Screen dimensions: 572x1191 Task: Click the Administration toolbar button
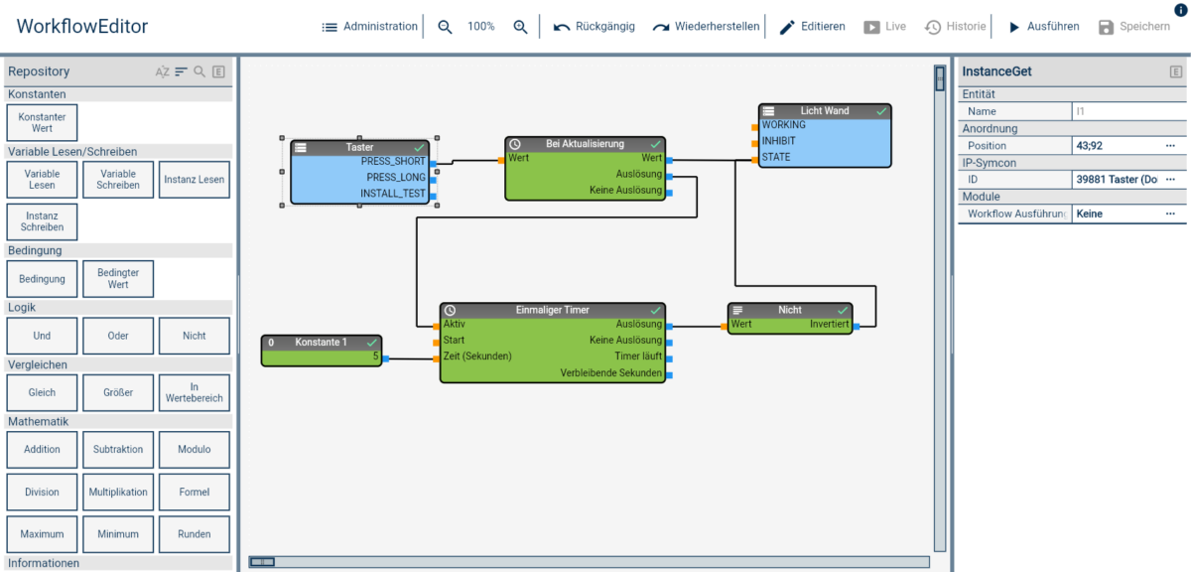(x=369, y=27)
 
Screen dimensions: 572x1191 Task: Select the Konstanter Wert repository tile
(x=42, y=123)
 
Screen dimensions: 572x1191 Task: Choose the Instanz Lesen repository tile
(x=195, y=180)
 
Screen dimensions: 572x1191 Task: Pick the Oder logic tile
(x=118, y=336)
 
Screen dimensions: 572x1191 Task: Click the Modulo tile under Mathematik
(x=195, y=449)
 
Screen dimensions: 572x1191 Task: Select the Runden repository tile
(x=195, y=534)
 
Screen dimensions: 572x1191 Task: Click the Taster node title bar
(x=359, y=147)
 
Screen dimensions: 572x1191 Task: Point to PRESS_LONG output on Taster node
(x=396, y=177)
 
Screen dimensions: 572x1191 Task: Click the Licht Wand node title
(x=825, y=111)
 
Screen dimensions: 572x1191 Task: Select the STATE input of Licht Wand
(x=776, y=157)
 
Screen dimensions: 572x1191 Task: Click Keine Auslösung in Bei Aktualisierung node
(x=625, y=191)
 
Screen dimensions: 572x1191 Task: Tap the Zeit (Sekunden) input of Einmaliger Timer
(x=477, y=356)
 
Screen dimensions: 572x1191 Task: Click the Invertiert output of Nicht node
(x=829, y=325)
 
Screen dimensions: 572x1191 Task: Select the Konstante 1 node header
(x=321, y=342)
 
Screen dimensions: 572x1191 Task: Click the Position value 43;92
(x=1090, y=146)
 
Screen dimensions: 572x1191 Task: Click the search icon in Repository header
(x=199, y=71)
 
